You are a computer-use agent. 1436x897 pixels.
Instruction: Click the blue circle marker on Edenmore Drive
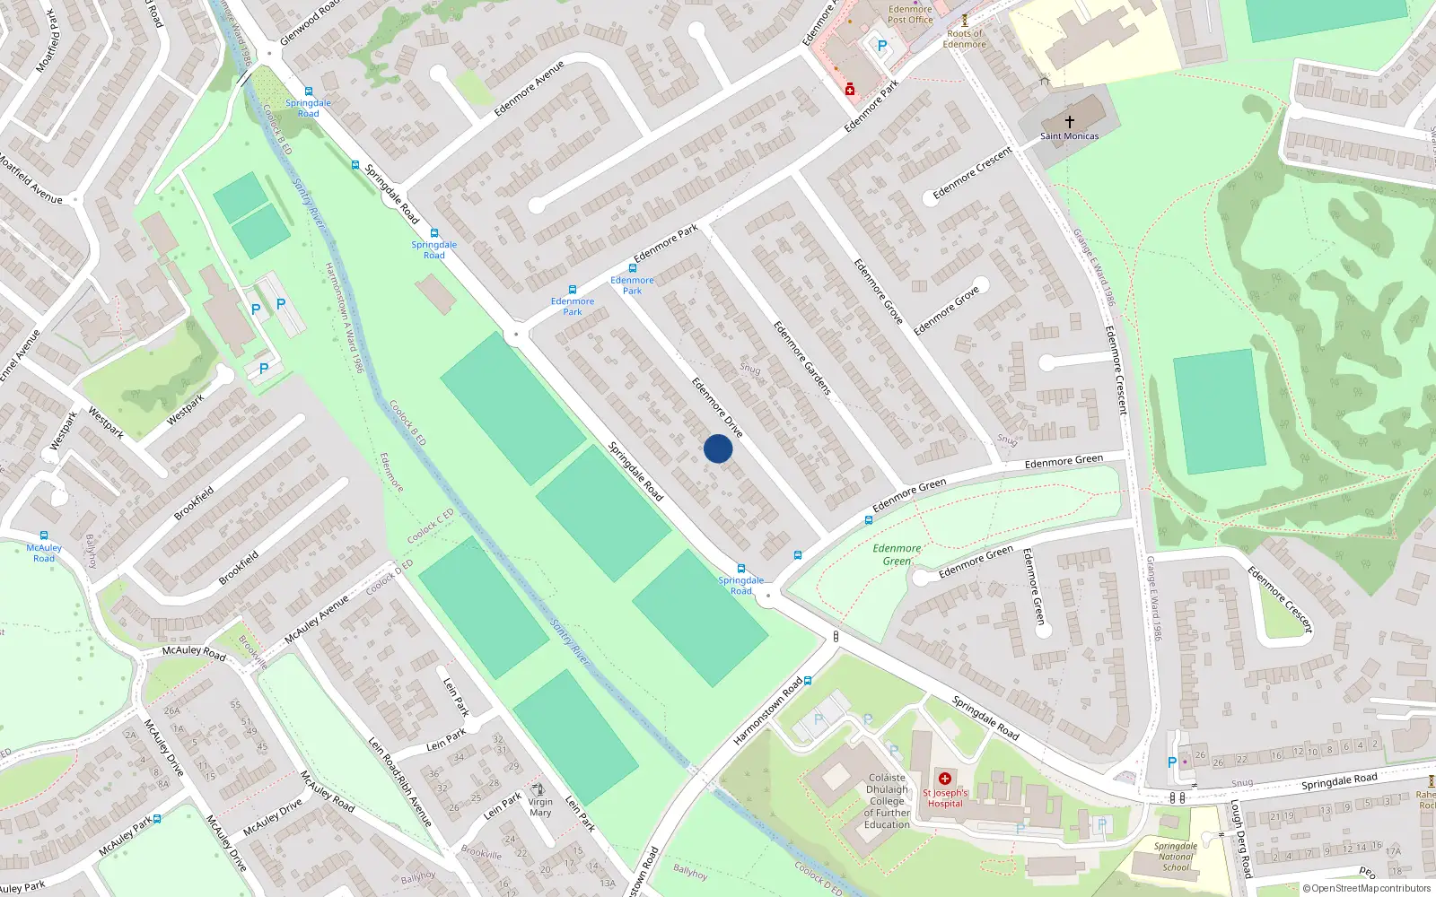point(718,448)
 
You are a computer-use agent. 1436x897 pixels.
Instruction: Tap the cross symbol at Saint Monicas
point(1069,122)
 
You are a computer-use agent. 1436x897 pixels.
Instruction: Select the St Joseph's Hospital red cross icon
point(944,779)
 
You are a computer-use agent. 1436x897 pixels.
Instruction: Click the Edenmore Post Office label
point(910,14)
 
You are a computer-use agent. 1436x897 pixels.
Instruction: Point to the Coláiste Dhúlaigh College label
point(887,801)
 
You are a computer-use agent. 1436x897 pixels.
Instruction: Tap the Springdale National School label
point(1176,857)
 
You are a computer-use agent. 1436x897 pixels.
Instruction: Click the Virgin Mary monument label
point(540,807)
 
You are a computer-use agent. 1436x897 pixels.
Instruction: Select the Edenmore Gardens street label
point(802,358)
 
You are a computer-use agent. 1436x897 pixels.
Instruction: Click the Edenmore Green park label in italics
point(897,554)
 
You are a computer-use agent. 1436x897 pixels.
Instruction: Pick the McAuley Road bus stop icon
point(44,536)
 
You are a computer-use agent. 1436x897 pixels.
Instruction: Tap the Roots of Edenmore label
point(965,39)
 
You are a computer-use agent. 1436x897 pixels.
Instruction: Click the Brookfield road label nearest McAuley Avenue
point(239,568)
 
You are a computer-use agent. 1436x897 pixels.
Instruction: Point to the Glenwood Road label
point(310,22)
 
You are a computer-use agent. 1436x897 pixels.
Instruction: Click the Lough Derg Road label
point(1240,839)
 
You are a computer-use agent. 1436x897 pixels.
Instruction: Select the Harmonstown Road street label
point(767,711)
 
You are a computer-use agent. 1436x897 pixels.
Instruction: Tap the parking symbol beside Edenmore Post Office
point(881,46)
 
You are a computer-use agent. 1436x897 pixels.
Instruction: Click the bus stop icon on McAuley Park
point(157,819)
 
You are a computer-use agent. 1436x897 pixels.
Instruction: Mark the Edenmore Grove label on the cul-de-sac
point(946,311)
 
